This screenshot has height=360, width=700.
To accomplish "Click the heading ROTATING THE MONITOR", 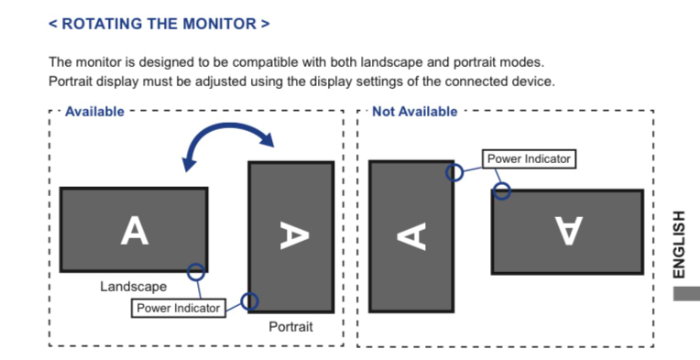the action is point(159,24).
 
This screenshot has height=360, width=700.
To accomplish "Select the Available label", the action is point(94,112).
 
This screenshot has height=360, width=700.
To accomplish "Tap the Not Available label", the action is point(415,112).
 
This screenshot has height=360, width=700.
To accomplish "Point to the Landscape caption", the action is point(134,287).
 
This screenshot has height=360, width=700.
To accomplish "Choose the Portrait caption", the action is point(290,326).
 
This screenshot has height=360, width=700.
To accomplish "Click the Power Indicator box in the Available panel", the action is point(179,309).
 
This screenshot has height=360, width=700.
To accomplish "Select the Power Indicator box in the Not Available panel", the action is point(529,159).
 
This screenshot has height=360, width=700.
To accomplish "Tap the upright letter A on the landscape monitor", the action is point(135,231).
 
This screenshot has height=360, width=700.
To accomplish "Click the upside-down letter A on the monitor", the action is point(569,231).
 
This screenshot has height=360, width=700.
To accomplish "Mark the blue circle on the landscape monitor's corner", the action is point(195,272).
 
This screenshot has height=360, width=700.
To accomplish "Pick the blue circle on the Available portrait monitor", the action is point(249,301).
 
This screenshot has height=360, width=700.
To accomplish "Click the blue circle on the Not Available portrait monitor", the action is point(454,172).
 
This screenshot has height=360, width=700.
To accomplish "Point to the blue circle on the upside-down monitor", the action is point(502,191).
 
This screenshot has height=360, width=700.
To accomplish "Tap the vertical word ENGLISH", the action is point(679,245).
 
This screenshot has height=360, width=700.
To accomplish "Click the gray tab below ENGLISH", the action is point(686,293).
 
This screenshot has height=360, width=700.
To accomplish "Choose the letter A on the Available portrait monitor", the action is point(294,235).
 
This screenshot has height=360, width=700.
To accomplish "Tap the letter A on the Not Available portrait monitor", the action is point(411,236).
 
